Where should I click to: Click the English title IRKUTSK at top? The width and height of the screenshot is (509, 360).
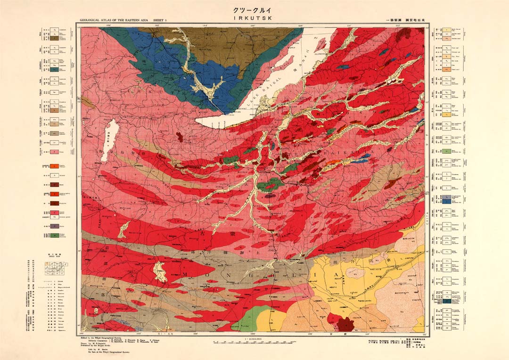254,18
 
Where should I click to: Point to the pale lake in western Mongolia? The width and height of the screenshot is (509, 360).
161,272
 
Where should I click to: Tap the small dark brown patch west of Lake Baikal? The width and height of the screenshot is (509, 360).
179,136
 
